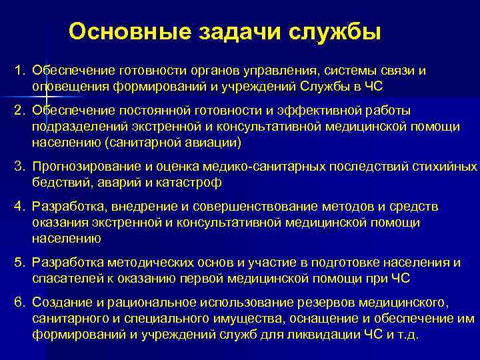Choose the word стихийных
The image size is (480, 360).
click(x=449, y=167)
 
